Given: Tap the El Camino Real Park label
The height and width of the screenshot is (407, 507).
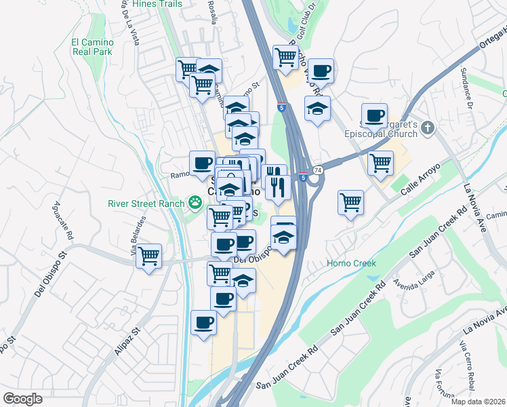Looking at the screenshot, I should point(92,47).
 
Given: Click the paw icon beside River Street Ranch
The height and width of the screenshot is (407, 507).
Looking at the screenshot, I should point(195,201).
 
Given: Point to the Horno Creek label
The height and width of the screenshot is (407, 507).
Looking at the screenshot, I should point(351,263).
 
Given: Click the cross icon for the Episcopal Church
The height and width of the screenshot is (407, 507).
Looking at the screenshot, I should point(427,128).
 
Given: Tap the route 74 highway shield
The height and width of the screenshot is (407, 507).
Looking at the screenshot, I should point(318,169).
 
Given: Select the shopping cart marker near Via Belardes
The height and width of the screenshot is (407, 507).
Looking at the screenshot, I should point(148,256).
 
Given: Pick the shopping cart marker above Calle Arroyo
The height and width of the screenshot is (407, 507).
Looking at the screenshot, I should point(380,163).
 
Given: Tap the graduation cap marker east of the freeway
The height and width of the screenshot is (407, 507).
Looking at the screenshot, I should point(317,108).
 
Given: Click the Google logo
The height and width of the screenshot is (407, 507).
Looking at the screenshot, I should point(23,398).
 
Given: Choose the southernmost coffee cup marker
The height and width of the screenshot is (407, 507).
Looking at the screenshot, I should point(203,323).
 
